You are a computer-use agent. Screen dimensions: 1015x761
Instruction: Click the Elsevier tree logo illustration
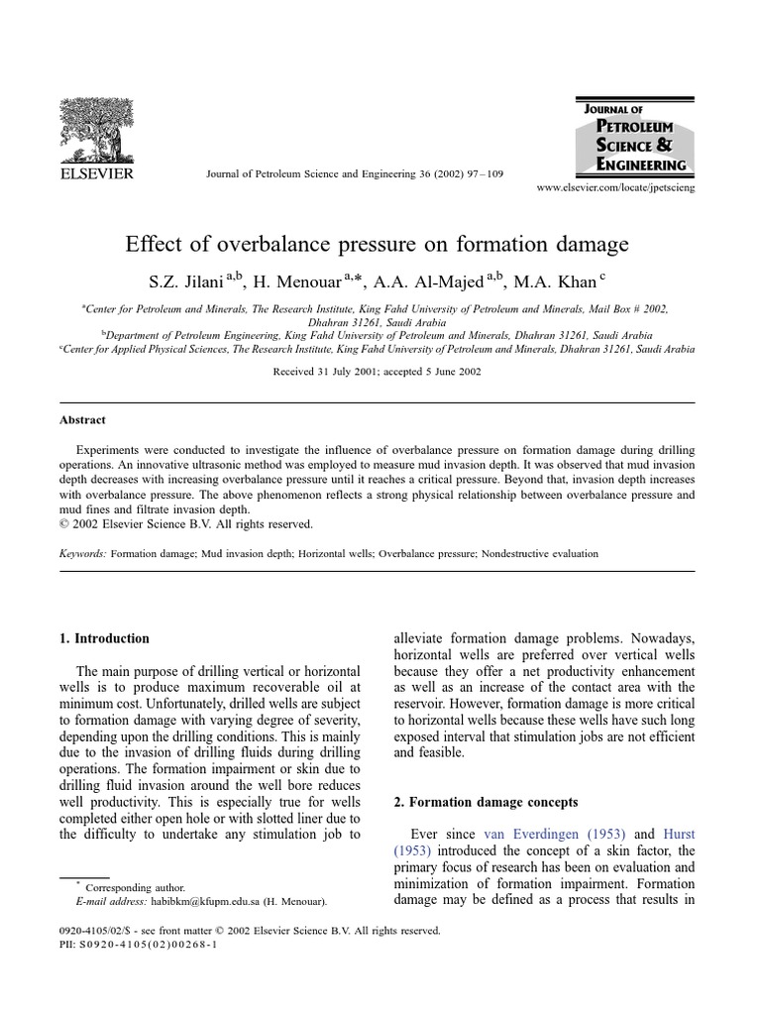click(96, 131)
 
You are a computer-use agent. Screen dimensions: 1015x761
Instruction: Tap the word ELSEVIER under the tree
click(96, 175)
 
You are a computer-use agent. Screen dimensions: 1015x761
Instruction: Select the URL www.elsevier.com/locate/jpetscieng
click(615, 188)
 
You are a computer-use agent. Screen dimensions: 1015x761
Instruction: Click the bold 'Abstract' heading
click(82, 420)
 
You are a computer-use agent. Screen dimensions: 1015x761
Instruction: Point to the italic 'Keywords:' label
click(82, 554)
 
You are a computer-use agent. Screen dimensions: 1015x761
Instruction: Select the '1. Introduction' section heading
click(104, 638)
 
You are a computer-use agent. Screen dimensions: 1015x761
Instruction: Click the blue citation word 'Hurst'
click(678, 835)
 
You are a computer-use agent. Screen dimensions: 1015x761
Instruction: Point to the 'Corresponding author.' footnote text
click(135, 887)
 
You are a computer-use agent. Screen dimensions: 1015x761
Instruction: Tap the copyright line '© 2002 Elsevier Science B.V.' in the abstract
click(185, 524)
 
